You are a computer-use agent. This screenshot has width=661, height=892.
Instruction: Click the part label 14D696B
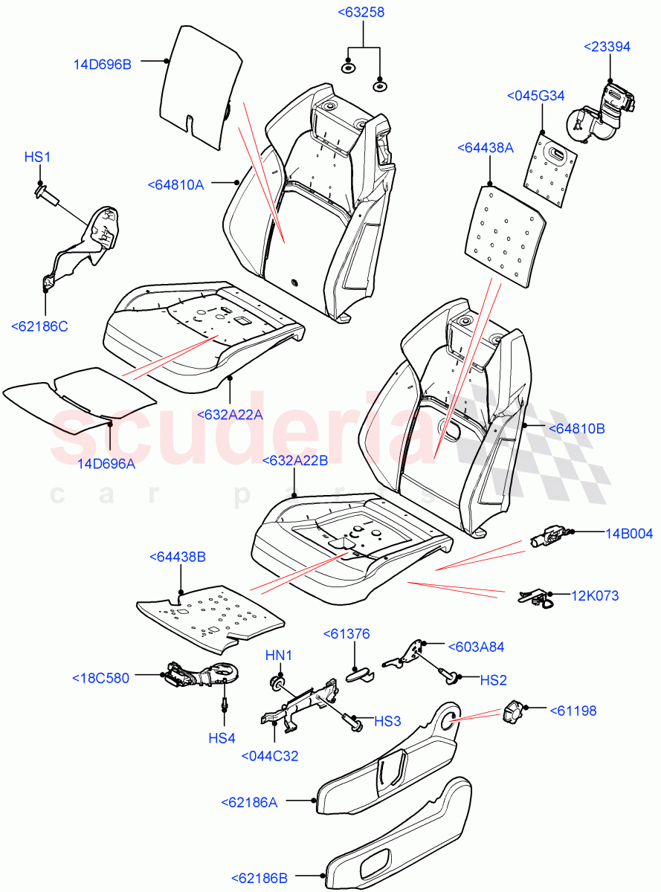point(103,65)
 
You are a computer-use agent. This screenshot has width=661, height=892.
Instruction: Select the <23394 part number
point(607,47)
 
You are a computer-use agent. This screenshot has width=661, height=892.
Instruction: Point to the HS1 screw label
point(36,157)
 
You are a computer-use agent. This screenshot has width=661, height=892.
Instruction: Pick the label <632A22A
point(230,414)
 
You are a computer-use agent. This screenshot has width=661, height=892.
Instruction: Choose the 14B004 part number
point(629,532)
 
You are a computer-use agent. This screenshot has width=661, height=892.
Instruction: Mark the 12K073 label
point(595,595)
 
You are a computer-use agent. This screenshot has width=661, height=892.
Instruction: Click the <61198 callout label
point(573,711)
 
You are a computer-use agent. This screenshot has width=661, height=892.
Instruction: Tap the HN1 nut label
point(280,655)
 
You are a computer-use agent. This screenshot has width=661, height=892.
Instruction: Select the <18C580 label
point(100,678)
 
